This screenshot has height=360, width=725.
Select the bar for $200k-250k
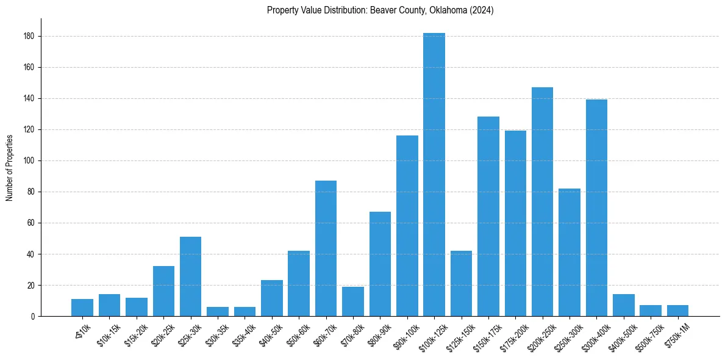542,201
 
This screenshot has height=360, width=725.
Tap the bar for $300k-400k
596,207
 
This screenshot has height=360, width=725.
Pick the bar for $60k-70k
326,248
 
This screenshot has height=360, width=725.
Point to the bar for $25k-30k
190,276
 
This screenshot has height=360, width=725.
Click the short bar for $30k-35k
218,312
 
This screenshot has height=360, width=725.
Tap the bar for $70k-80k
353,301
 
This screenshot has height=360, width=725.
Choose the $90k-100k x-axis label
405,334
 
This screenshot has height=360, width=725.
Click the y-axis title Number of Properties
10,167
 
